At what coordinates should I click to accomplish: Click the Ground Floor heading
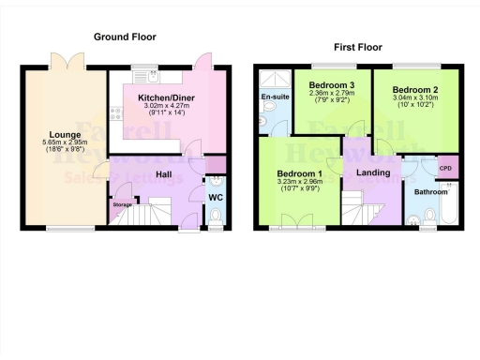125,37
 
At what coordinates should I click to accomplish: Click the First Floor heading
360,46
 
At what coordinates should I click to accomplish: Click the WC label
215,198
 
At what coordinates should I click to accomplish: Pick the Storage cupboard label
122,203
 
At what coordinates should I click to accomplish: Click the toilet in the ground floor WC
215,217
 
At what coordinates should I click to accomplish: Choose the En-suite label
273,97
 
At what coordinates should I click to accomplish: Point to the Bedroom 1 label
300,174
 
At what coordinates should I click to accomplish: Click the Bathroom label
431,192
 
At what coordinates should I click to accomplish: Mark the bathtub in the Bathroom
453,206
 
